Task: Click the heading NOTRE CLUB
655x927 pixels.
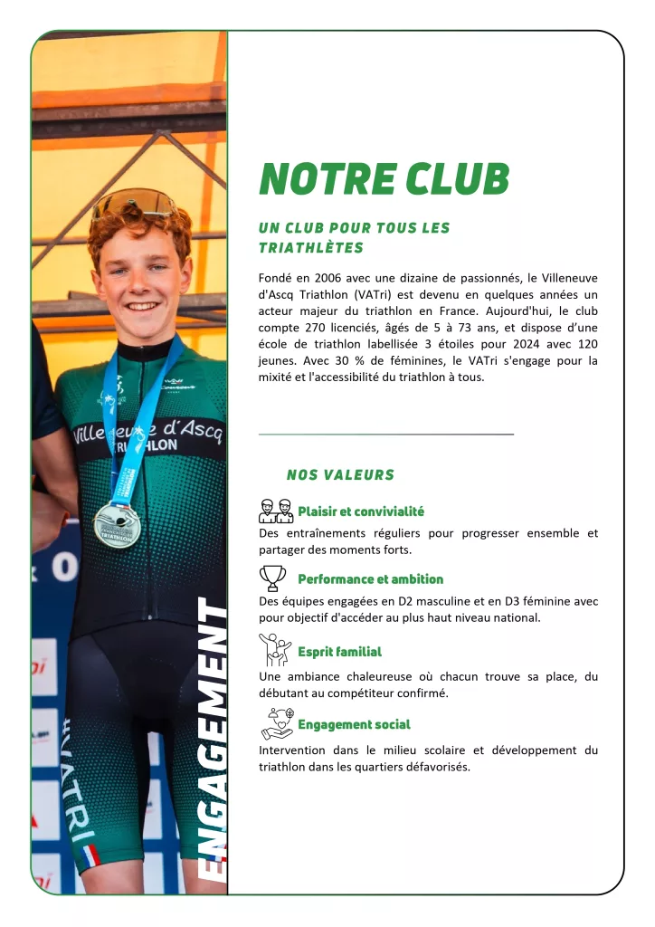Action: (x=384, y=179)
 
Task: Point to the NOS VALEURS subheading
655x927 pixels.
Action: (x=340, y=474)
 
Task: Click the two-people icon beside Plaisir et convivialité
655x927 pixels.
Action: (x=276, y=511)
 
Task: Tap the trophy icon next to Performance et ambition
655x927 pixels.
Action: (x=272, y=578)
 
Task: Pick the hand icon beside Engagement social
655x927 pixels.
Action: (x=276, y=723)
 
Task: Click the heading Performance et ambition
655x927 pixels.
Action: (x=370, y=579)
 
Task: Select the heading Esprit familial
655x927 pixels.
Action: (x=339, y=652)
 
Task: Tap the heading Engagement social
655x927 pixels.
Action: (x=354, y=724)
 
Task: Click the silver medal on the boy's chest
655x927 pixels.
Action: (x=117, y=524)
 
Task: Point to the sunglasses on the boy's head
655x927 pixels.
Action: (x=135, y=203)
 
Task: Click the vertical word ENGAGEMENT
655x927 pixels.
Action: (x=213, y=742)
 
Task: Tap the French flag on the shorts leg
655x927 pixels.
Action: (x=90, y=855)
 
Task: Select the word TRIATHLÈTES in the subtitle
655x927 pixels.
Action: (x=310, y=248)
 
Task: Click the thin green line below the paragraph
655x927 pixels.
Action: (x=385, y=435)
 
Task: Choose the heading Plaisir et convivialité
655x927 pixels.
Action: (x=360, y=511)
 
